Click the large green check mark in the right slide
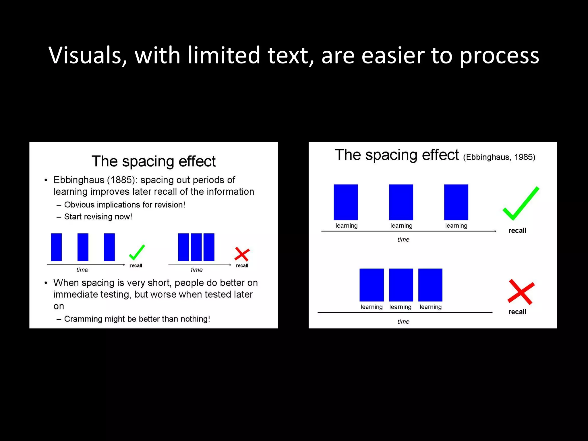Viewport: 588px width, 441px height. tap(520, 204)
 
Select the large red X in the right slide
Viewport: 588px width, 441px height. tap(521, 292)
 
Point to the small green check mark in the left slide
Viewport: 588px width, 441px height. tap(137, 252)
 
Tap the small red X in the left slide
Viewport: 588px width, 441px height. tap(242, 254)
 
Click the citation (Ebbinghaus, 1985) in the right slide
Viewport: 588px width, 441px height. tap(499, 157)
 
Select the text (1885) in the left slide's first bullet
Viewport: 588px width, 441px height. tap(121, 180)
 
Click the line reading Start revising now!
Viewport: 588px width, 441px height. tap(98, 216)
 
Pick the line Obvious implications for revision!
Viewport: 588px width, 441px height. tap(125, 205)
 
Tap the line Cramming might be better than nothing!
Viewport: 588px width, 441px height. tap(137, 319)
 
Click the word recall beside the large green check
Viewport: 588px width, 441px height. tap(517, 231)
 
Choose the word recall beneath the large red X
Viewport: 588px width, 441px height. tap(517, 312)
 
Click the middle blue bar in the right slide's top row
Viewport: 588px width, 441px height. tap(401, 202)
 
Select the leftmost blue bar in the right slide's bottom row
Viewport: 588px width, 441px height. tap(372, 285)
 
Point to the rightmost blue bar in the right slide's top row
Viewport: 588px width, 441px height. tap(456, 202)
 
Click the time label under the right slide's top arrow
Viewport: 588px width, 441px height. tap(403, 239)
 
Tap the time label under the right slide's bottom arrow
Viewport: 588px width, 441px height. tap(403, 322)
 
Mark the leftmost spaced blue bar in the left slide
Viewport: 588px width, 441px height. tap(56, 247)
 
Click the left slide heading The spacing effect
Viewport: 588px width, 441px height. tap(154, 161)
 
